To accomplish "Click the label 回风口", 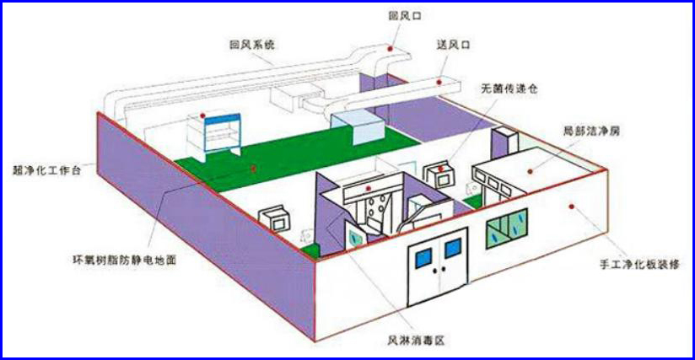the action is coord(405,16).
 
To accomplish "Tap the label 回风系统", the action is coord(252,45).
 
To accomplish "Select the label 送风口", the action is coord(453,45).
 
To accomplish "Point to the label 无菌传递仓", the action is coord(509,89).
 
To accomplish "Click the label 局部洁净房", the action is coord(591,131).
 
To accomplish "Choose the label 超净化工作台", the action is coord(47,170).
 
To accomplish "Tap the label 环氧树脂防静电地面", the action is coord(125,260).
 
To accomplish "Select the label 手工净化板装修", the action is coord(639,265).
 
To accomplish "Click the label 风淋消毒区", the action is coord(416,341).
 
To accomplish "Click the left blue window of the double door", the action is coord(423,258).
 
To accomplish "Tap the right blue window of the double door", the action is coord(453,248).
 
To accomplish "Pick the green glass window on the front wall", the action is coord(507,228).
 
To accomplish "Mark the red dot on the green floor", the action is coord(253,168).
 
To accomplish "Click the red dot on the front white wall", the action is coord(571,207).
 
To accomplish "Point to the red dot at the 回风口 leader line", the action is coord(390,48).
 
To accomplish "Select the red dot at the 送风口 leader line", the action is coord(439,82).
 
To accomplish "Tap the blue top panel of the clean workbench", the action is coord(222,119).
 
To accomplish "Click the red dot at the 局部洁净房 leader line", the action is coord(531,171).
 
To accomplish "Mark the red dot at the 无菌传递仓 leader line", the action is coord(440,169).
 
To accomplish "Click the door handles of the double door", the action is coord(439,269).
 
